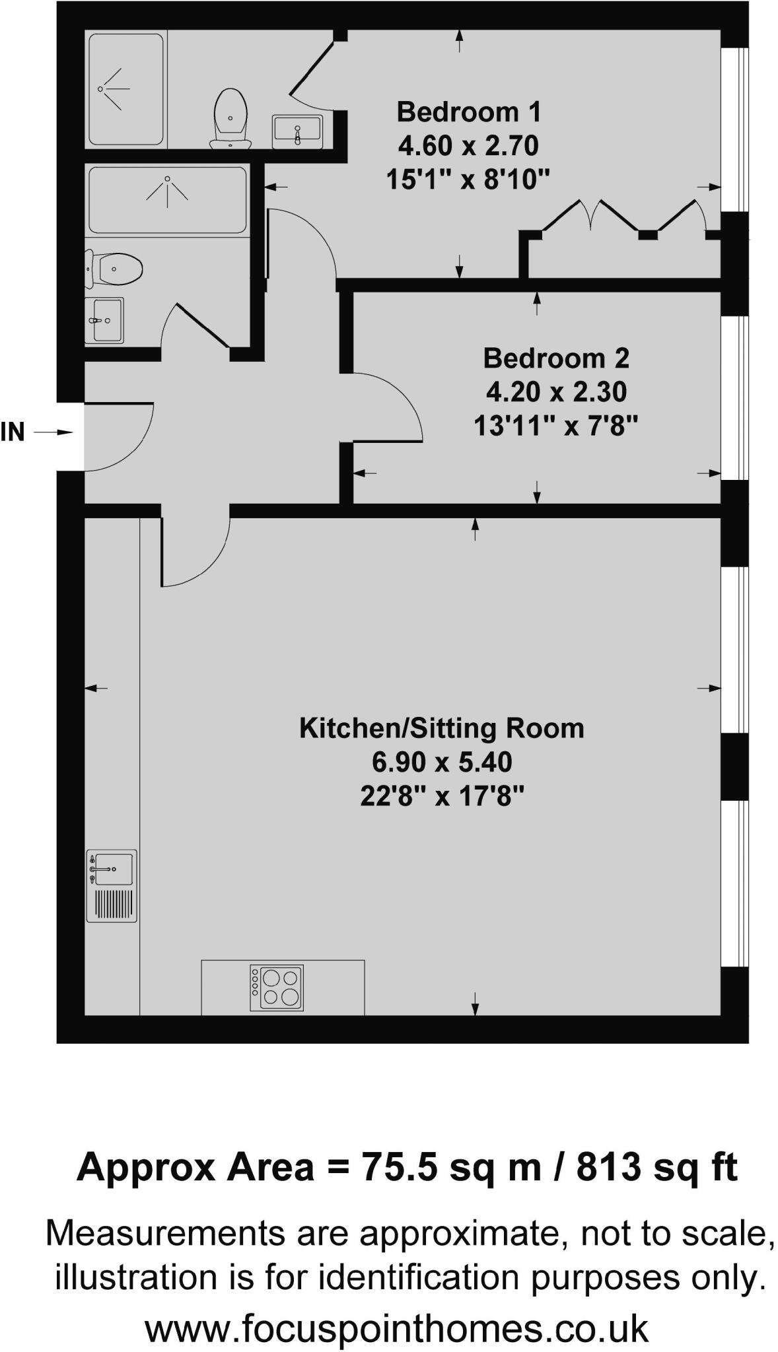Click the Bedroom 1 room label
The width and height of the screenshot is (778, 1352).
click(468, 112)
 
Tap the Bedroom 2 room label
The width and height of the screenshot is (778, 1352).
click(556, 358)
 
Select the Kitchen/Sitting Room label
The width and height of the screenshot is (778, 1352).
click(442, 728)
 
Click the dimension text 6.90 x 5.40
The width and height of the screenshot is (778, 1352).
click(442, 762)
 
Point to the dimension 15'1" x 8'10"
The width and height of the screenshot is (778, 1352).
click(468, 179)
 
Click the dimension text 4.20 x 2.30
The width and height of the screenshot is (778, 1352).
click(556, 392)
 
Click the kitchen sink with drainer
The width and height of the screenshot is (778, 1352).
click(112, 885)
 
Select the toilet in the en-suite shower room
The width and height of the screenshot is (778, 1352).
click(230, 119)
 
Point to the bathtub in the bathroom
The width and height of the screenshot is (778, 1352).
click(167, 199)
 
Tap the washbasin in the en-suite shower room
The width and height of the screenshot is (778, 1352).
click(297, 130)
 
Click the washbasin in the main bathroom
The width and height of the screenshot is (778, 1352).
click(104, 321)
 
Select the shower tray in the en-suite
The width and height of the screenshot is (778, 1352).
click(125, 89)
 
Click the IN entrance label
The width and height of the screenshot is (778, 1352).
click(13, 432)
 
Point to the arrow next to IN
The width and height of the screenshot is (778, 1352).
click(53, 432)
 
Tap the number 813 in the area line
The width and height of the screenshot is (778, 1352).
click(608, 1167)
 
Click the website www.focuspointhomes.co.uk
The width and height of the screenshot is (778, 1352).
click(396, 1328)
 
